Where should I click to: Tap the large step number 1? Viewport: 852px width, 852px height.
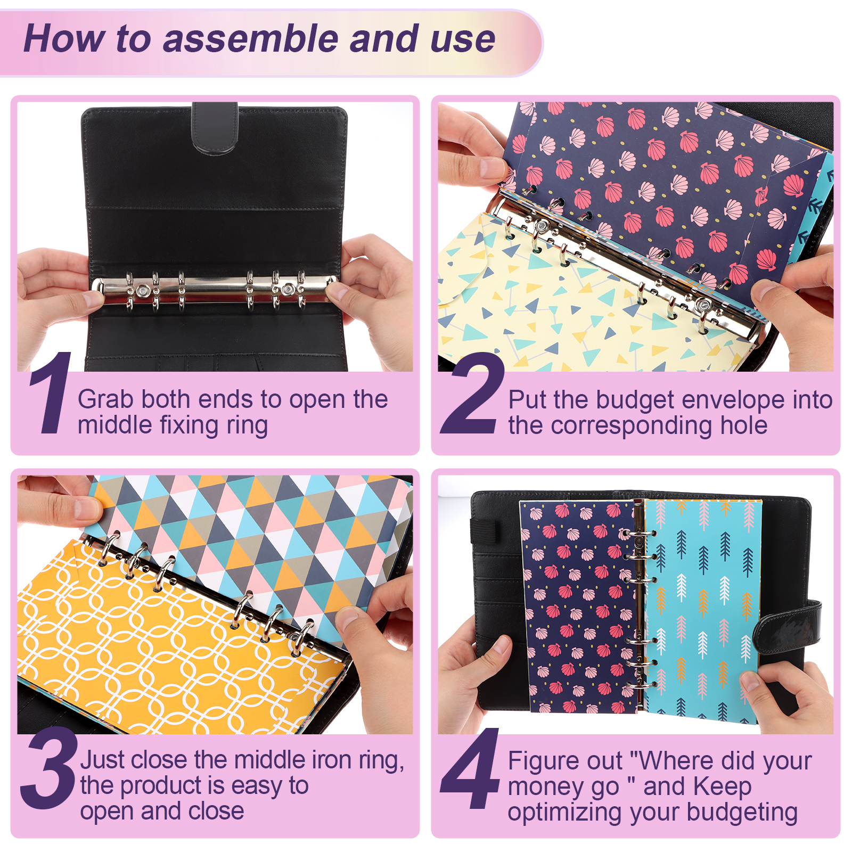coord(51,392)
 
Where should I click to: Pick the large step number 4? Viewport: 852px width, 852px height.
coord(471,768)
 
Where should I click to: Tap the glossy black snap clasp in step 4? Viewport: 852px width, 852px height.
coord(788,628)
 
